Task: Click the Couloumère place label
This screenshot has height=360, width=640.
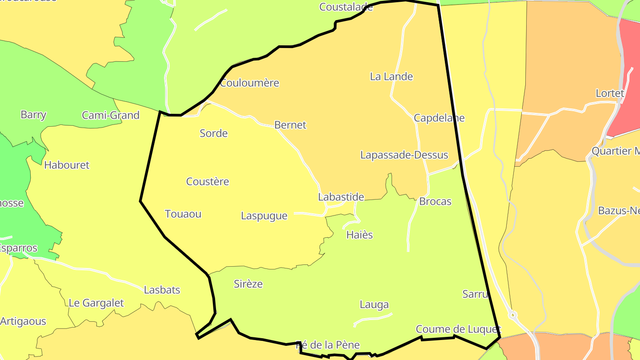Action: coord(249,83)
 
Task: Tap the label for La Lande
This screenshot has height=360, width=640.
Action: coord(391,77)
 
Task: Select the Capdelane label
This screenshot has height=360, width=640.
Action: coord(439,118)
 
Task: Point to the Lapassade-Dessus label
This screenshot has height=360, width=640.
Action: coord(404,156)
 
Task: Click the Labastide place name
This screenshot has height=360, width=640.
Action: coord(341,197)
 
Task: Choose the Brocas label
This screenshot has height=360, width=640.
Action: coord(435,202)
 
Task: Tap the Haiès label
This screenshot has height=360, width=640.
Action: coord(359,235)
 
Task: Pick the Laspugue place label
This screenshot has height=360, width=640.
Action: coord(264,216)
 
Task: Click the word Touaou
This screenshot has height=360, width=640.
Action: coord(183,214)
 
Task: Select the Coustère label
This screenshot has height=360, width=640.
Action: coord(208,182)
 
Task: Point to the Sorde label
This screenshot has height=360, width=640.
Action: coord(213,134)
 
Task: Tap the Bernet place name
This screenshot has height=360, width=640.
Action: coord(290,125)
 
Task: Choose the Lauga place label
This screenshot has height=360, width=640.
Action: coord(374,305)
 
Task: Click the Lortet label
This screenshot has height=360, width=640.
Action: coord(610,94)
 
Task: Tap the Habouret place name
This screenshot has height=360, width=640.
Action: coord(67,165)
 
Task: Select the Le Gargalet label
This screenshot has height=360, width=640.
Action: coord(96,303)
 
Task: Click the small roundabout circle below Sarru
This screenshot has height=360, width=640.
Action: coord(513,315)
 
